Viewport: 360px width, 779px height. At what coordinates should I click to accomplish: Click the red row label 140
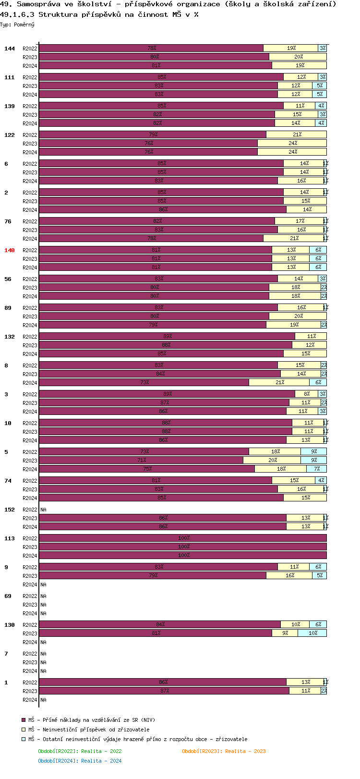pyautogui.click(x=10, y=250)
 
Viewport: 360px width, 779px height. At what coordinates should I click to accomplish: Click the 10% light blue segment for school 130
pyautogui.click(x=312, y=633)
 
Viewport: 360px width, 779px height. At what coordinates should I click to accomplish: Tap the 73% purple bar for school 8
pyautogui.click(x=144, y=383)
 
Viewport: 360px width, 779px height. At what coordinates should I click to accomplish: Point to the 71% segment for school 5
pyautogui.click(x=141, y=461)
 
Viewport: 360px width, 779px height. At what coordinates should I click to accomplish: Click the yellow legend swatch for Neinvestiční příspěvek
pyautogui.click(x=23, y=730)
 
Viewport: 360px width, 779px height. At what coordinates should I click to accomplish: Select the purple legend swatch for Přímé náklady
pyautogui.click(x=23, y=720)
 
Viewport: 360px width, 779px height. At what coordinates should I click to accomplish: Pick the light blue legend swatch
pyautogui.click(x=23, y=739)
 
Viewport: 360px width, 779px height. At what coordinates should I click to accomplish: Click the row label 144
pyautogui.click(x=10, y=49)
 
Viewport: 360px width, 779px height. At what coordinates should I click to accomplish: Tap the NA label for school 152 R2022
pyautogui.click(x=43, y=510)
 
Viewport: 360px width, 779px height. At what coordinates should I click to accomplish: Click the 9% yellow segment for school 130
pyautogui.click(x=285, y=633)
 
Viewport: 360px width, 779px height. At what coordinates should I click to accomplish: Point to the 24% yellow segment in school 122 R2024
pyautogui.click(x=292, y=152)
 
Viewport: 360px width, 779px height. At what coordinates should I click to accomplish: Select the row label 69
pyautogui.click(x=8, y=596)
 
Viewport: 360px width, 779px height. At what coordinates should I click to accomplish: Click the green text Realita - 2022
pyautogui.click(x=101, y=751)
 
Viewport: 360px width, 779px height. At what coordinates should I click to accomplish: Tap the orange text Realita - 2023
pyautogui.click(x=245, y=751)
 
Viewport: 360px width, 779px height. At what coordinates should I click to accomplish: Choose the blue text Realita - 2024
pyautogui.click(x=101, y=761)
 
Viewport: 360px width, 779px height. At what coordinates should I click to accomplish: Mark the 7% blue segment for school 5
pyautogui.click(x=317, y=469)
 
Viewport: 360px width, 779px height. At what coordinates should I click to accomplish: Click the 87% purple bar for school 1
pyautogui.click(x=164, y=691)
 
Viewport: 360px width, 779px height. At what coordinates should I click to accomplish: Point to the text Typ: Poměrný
pyautogui.click(x=17, y=24)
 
